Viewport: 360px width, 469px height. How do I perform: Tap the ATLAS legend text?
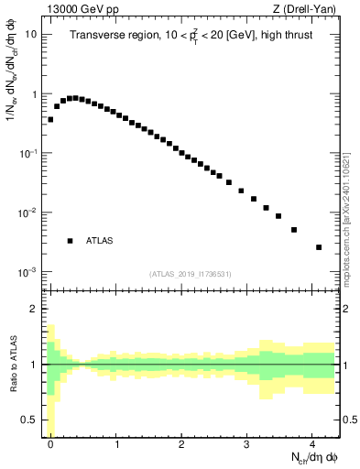(100, 241)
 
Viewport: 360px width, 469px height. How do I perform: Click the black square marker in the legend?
(70, 241)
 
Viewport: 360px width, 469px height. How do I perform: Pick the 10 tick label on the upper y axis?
(31, 35)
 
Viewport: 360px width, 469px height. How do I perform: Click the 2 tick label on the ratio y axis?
(36, 309)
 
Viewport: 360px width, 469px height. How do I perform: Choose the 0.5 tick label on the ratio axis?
(31, 420)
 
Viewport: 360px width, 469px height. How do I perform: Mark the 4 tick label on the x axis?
(312, 444)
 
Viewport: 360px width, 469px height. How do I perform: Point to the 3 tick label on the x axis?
(247, 444)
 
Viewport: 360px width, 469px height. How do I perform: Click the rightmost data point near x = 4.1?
(319, 247)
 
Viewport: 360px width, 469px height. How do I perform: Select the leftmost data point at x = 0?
(50, 119)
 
